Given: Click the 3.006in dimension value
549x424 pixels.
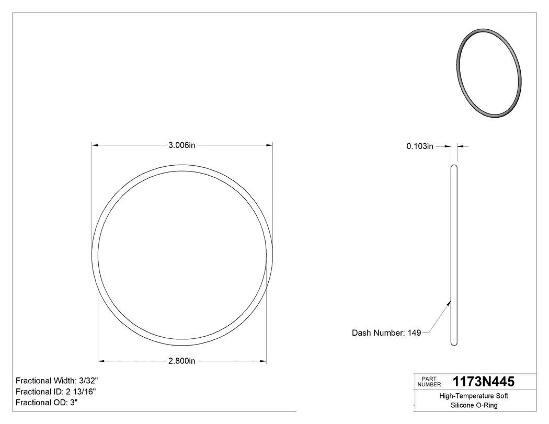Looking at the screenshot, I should pos(181,145).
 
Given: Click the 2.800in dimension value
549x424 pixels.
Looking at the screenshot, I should pos(181,361).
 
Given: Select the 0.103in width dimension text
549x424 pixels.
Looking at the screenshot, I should pos(420,146).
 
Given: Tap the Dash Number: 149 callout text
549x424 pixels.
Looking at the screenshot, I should pos(386,333).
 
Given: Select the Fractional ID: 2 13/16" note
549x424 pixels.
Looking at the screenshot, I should pos(56,392).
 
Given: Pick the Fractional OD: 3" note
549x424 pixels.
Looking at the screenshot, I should pos(47,403).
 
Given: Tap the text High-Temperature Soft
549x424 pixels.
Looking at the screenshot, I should pos(474,396).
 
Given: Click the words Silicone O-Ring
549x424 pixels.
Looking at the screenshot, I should pos(474,405).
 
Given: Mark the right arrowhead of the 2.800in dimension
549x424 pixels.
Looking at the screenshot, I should pos(264,361).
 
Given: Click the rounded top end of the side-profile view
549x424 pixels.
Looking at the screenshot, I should pos(454,167).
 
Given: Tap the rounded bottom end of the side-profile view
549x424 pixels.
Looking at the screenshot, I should pos(454,343).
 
